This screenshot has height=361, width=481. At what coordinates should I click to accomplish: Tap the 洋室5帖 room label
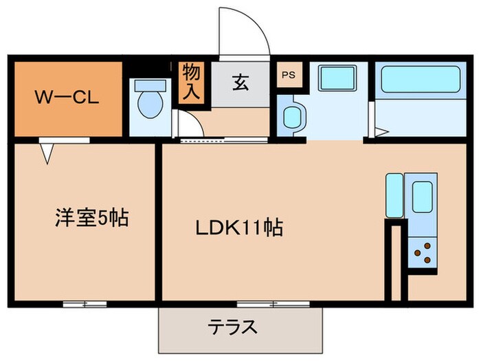click(x=91, y=219)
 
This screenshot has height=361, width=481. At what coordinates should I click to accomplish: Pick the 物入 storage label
click(x=190, y=83)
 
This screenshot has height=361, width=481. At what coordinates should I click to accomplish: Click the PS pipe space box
click(x=287, y=75)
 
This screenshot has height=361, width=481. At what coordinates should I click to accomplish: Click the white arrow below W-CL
click(x=46, y=151)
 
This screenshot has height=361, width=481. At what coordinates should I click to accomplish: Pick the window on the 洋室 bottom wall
click(x=85, y=303)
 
